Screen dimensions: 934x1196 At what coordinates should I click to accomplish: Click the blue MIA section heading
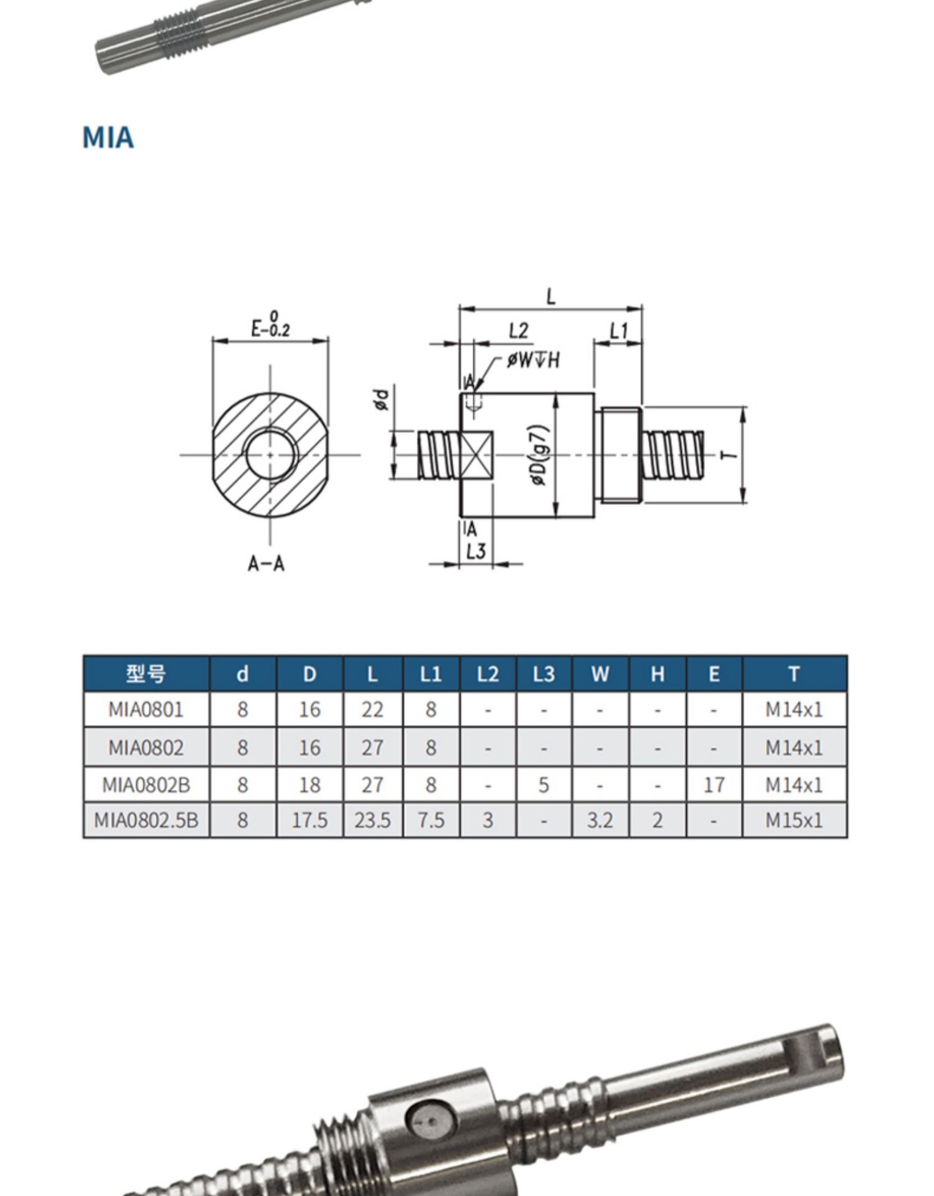pos(108,138)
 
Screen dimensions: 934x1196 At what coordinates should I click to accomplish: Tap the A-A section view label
pos(267,564)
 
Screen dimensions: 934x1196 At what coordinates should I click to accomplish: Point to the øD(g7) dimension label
pos(539,455)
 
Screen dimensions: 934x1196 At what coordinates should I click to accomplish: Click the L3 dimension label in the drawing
pos(475,551)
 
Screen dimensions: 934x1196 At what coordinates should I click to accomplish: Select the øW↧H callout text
pos(534,359)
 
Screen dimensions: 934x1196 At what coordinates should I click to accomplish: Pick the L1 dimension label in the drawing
pos(618,330)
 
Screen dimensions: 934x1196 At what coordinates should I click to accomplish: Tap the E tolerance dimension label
pos(271,325)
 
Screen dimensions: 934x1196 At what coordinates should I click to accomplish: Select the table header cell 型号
pos(146,673)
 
